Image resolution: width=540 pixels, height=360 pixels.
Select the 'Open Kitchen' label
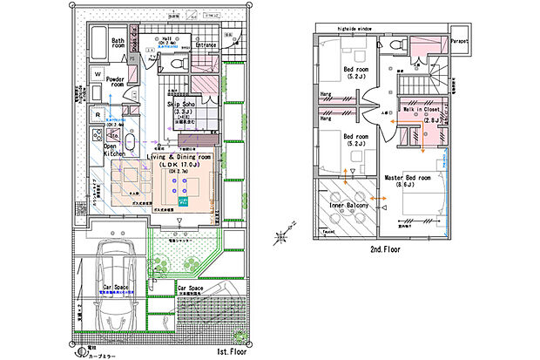pos(117,151)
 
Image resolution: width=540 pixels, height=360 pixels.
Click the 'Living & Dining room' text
pos(187,156)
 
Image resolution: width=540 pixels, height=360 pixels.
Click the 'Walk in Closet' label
pos(418,110)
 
